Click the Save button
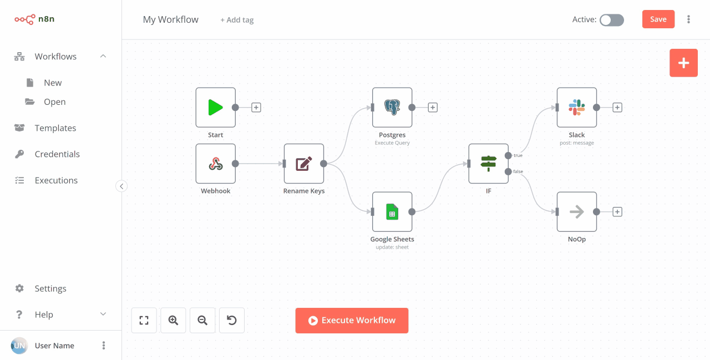tap(658, 19)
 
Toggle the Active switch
tap(612, 20)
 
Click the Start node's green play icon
tap(215, 107)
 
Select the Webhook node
tap(215, 164)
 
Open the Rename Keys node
tap(304, 164)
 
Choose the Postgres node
tap(392, 107)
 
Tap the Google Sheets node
tap(392, 211)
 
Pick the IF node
tap(488, 164)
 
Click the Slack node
tap(577, 107)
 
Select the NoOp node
tap(577, 211)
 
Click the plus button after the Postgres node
tap(433, 108)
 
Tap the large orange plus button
tap(683, 63)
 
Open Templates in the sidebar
tap(55, 128)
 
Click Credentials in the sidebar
tap(57, 154)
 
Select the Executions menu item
tap(56, 180)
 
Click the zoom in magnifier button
tap(173, 320)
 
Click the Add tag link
tap(237, 20)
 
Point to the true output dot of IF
tap(508, 155)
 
